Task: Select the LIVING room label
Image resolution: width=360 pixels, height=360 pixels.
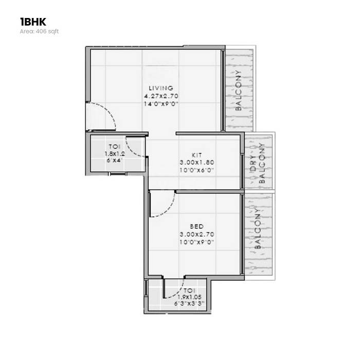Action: pos(161,88)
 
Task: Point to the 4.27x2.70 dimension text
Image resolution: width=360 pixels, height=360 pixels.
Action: pos(161,96)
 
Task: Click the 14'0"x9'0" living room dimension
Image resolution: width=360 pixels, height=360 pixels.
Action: pos(161,103)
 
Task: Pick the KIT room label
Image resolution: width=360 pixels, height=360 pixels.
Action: pos(196,154)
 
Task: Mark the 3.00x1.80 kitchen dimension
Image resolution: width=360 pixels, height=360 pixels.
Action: pos(196,162)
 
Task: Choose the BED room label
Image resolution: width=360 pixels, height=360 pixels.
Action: pos(196,226)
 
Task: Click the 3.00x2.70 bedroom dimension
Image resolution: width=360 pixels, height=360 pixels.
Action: pos(196,234)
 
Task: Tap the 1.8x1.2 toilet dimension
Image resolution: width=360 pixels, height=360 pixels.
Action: pos(114,153)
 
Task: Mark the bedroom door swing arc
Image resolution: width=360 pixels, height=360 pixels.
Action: pos(162,206)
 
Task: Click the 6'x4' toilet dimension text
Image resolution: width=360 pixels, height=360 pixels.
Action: pos(114,160)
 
